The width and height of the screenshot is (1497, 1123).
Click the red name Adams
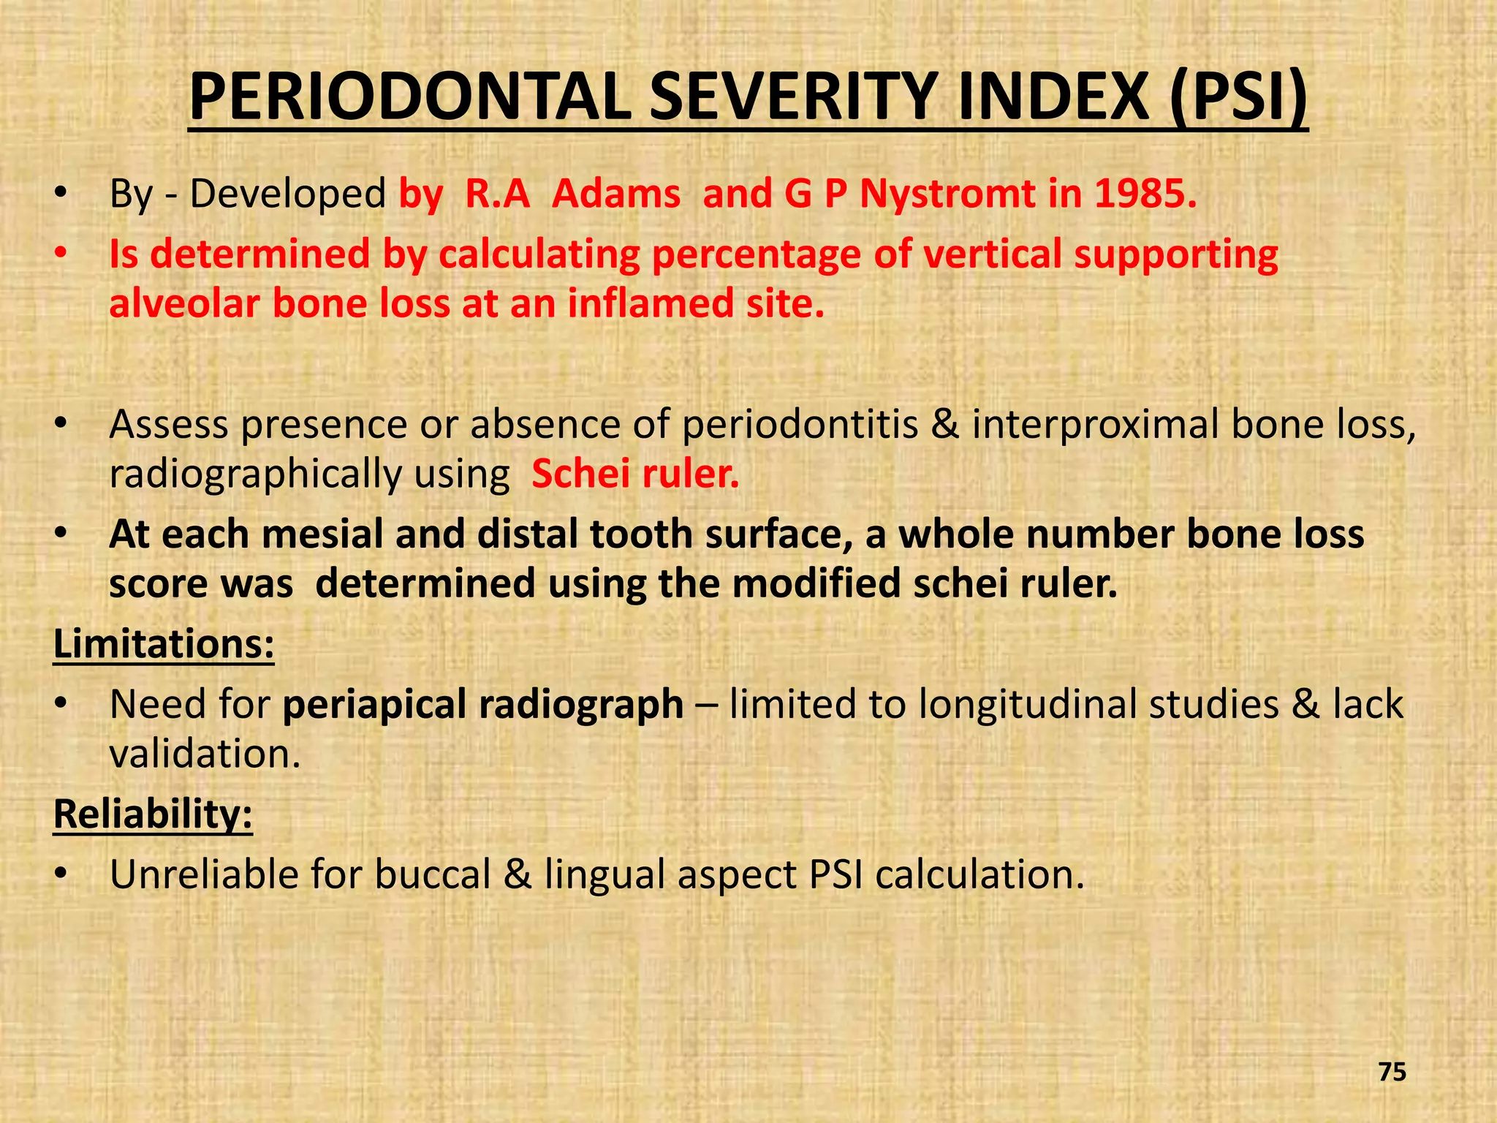(x=616, y=194)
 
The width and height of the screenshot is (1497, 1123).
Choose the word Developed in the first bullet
(x=287, y=194)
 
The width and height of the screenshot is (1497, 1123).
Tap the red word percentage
(x=756, y=254)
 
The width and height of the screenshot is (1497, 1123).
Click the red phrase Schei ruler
(x=635, y=474)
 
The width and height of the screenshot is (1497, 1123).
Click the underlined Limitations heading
(x=164, y=644)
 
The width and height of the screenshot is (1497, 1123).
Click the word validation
(x=205, y=754)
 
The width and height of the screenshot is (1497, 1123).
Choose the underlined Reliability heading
(x=153, y=814)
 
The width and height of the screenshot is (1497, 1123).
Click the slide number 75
(x=1392, y=1073)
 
